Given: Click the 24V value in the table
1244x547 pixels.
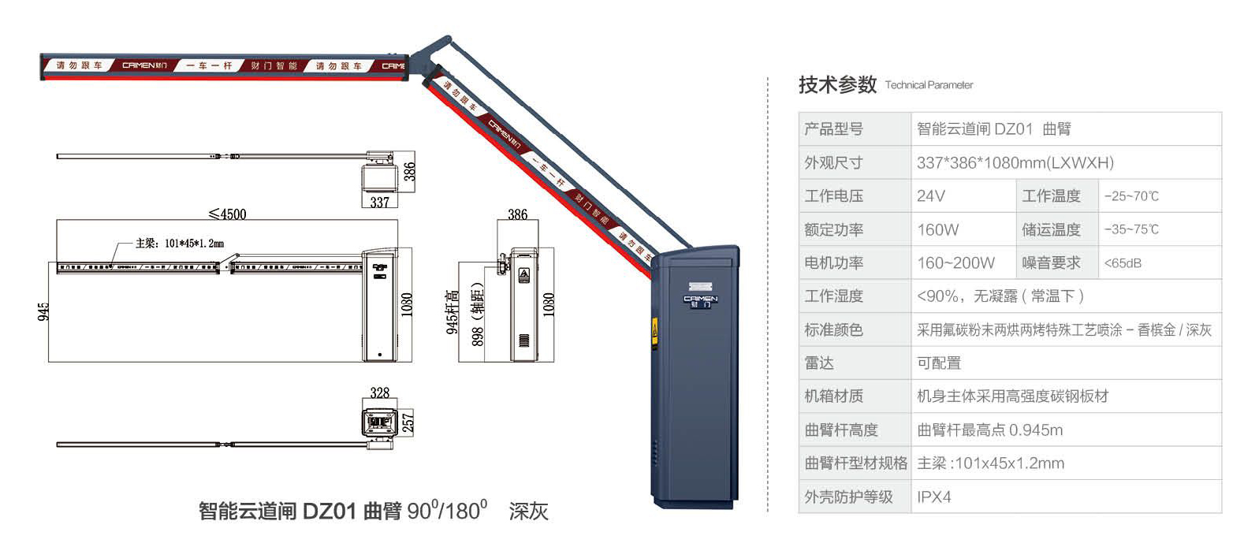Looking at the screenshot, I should (931, 195).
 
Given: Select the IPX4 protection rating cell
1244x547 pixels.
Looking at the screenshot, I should (934, 497).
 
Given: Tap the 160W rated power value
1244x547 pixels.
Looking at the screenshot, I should (938, 229).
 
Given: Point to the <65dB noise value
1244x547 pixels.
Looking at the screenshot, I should (1123, 263).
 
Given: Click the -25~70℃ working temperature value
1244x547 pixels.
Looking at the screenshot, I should (1131, 196).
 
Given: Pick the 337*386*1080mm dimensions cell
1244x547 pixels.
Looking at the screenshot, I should (1015, 162).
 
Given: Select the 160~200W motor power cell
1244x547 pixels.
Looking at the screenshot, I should (955, 262).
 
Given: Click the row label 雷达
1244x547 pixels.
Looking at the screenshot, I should (819, 363).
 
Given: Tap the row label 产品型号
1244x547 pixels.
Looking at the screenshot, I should (833, 129).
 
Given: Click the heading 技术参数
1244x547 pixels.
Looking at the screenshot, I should (837, 84).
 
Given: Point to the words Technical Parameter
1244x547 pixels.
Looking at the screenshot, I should (929, 85).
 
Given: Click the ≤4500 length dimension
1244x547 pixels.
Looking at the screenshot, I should (227, 214).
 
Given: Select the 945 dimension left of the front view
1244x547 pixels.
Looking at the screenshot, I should (44, 311).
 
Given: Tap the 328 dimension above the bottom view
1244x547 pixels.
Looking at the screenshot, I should (380, 393).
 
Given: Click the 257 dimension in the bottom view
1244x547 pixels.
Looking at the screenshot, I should (408, 422).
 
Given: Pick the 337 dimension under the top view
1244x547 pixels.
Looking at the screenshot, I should (380, 203).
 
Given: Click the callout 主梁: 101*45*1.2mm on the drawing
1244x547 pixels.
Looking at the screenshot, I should (179, 244).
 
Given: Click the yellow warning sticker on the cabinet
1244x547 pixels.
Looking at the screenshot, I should (654, 331).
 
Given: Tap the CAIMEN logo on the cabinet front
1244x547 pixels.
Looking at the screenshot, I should (700, 300).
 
